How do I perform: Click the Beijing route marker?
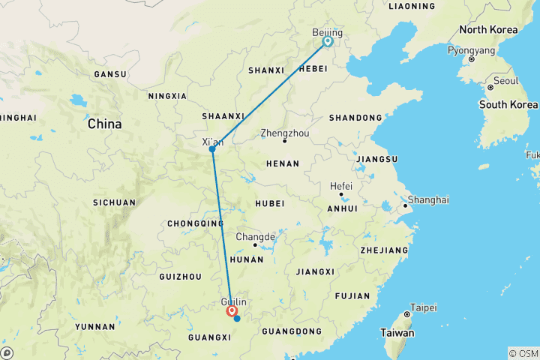tap(328, 42)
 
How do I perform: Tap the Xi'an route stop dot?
tap(212, 149)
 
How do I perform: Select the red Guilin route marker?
tap(231, 310)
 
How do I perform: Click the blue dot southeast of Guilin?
tap(237, 319)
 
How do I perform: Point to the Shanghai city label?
tap(429, 199)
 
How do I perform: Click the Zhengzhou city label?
tap(284, 133)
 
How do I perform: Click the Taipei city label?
tap(423, 307)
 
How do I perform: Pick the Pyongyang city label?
tap(471, 49)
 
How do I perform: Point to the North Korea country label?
tap(487, 30)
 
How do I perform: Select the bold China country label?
tap(105, 124)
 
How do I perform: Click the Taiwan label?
tap(397, 332)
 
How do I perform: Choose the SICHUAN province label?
tap(115, 202)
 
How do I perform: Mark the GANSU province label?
tap(109, 74)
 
